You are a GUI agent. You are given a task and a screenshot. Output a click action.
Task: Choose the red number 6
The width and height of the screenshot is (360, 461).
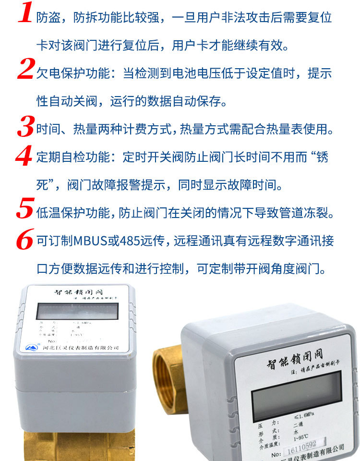pyautogui.click(x=25, y=239)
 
